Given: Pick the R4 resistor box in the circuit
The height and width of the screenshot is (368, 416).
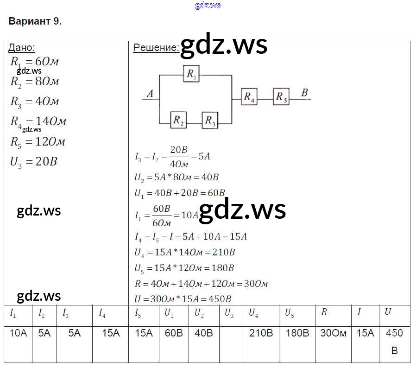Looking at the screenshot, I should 249,97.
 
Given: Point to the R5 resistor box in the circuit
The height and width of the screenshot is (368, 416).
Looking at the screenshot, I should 281,97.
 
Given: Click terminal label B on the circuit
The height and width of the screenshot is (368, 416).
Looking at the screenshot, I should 304,93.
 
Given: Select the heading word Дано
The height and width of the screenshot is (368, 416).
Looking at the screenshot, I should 22,48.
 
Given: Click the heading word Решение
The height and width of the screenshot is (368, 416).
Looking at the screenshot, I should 156,48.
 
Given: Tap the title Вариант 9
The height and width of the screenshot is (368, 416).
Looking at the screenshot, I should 34,21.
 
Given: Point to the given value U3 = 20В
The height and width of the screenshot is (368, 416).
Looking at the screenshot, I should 33,162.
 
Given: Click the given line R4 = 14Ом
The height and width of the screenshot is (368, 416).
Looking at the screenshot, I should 38,121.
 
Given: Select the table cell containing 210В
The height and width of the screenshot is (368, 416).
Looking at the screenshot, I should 261,333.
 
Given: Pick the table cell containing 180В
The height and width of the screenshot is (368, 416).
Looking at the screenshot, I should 296,333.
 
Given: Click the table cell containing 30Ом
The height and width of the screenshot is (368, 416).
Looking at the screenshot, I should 333,333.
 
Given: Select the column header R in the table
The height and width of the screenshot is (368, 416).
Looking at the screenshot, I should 324,312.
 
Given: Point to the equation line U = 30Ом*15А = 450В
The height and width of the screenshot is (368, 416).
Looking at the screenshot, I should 183,299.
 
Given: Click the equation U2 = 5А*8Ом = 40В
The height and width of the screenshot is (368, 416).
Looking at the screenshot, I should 176,177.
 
